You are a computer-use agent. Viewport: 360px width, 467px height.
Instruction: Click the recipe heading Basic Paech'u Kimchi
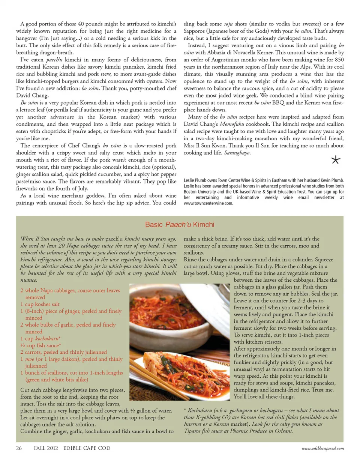click(x=180, y=225)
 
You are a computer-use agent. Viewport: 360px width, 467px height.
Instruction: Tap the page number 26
click(x=19, y=448)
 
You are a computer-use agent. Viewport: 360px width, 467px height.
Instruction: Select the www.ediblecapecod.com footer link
click(x=322, y=448)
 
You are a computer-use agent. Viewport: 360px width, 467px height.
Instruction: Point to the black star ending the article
click(x=336, y=160)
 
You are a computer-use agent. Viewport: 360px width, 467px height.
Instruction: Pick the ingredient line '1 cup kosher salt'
click(x=40, y=304)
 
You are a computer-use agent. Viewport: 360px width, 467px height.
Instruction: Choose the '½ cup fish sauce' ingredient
click(x=40, y=345)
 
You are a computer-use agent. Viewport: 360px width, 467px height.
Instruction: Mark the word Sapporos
click(x=196, y=31)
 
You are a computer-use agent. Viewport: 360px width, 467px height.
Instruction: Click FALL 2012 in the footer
click(x=46, y=448)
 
